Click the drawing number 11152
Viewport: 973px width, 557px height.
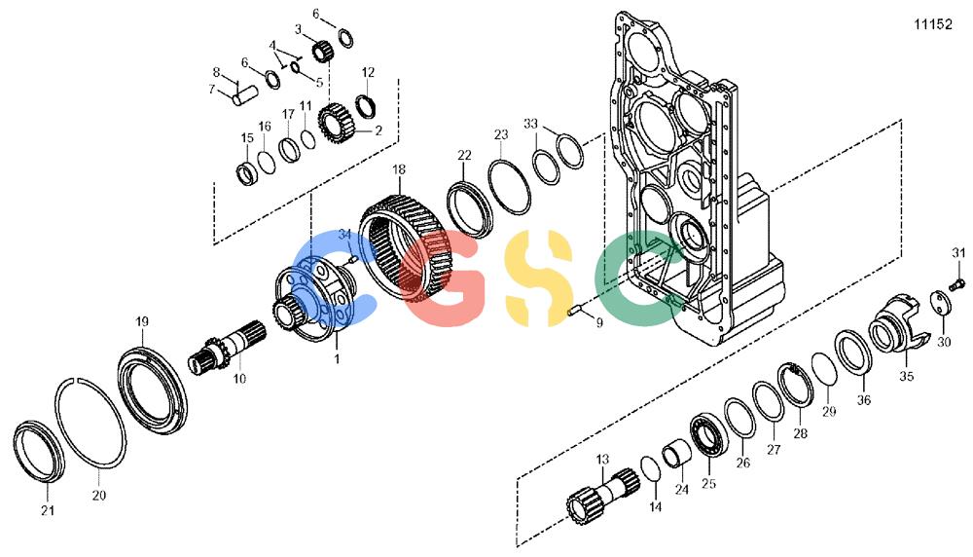933,25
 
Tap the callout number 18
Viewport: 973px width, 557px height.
398,168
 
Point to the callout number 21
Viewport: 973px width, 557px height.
48,510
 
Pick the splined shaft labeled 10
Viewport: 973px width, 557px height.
227,352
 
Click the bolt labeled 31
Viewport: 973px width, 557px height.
956,284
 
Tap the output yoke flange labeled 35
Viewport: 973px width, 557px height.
898,326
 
